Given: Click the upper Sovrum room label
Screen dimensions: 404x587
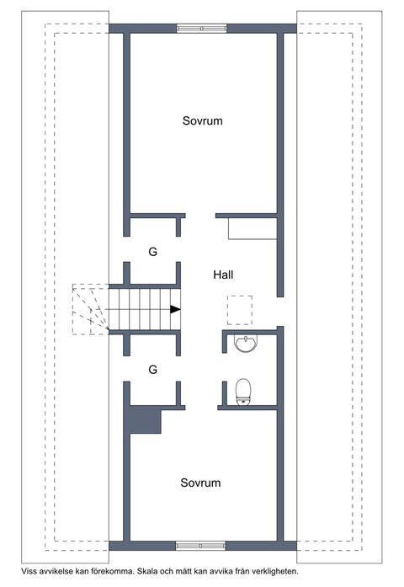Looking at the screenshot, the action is coord(202,120).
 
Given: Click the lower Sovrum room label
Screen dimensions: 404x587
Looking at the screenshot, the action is coord(200,483).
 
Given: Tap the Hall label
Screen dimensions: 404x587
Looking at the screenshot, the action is coord(223,275).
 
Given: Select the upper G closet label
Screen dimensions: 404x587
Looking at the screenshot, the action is coord(152,252).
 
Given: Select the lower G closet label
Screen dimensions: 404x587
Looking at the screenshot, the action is coord(152,370).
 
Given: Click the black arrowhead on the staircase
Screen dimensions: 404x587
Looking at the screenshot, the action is coord(175,309).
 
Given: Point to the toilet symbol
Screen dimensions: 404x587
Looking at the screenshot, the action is coord(243,392).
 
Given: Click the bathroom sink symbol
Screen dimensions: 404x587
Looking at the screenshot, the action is coord(246,344).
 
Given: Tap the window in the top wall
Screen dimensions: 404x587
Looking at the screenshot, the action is coord(202,29).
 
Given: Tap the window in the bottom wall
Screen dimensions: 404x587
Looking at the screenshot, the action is coord(201,546).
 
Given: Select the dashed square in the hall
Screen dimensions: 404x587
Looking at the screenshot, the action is coord(239,310).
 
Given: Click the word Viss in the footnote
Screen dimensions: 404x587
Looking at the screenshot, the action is coord(29,571).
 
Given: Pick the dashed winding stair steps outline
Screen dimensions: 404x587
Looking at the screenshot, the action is coord(91,309).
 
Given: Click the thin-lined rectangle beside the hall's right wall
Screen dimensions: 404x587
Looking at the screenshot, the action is coord(252,228).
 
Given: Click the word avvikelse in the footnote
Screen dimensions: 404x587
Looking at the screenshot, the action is coord(56,571).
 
